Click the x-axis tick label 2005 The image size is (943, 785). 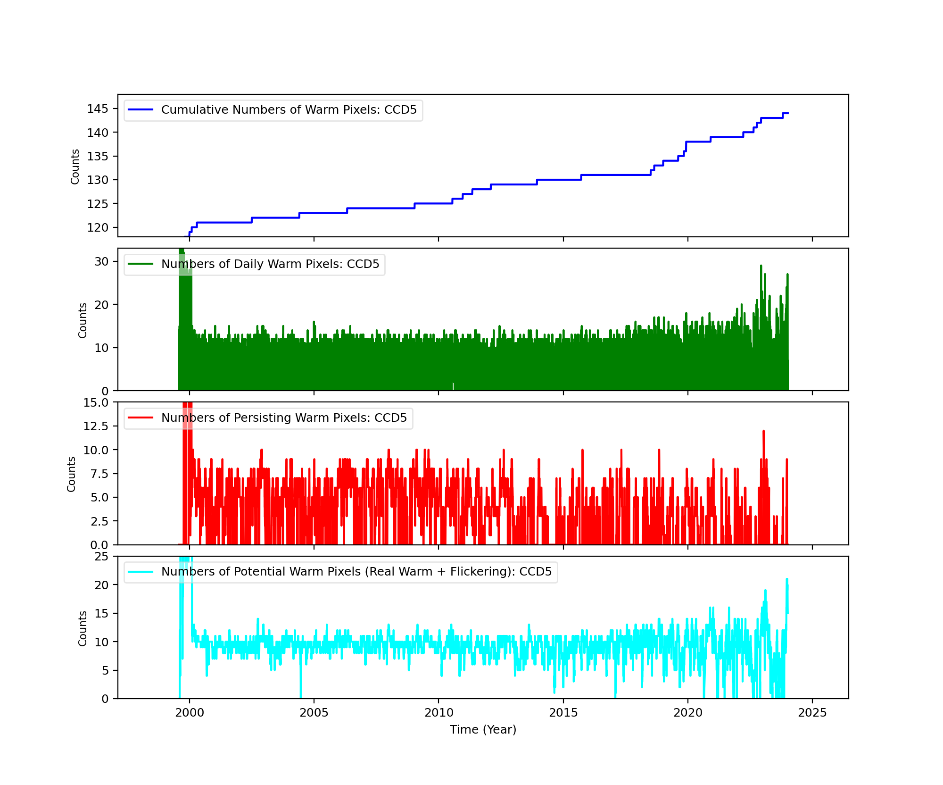(314, 712)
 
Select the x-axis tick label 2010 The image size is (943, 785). (438, 712)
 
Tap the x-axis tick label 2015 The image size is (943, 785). (563, 712)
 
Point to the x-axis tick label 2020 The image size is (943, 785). (687, 712)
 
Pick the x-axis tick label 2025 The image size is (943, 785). (812, 712)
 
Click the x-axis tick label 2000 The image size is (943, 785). (190, 712)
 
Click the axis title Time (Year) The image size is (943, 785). (483, 730)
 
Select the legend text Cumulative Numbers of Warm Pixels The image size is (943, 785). (289, 110)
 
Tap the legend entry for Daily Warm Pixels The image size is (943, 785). (270, 264)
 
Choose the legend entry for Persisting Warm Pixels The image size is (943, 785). (284, 418)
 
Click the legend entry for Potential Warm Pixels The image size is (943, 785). (356, 572)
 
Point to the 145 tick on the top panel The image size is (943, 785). (98, 109)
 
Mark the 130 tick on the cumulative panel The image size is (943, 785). (98, 180)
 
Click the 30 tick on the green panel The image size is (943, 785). (101, 262)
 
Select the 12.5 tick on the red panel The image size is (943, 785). (96, 426)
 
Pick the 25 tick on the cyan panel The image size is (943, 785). (101, 557)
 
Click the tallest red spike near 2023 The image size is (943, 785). (763, 431)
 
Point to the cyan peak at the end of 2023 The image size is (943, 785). (786, 579)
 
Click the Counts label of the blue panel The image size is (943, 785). (75, 166)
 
